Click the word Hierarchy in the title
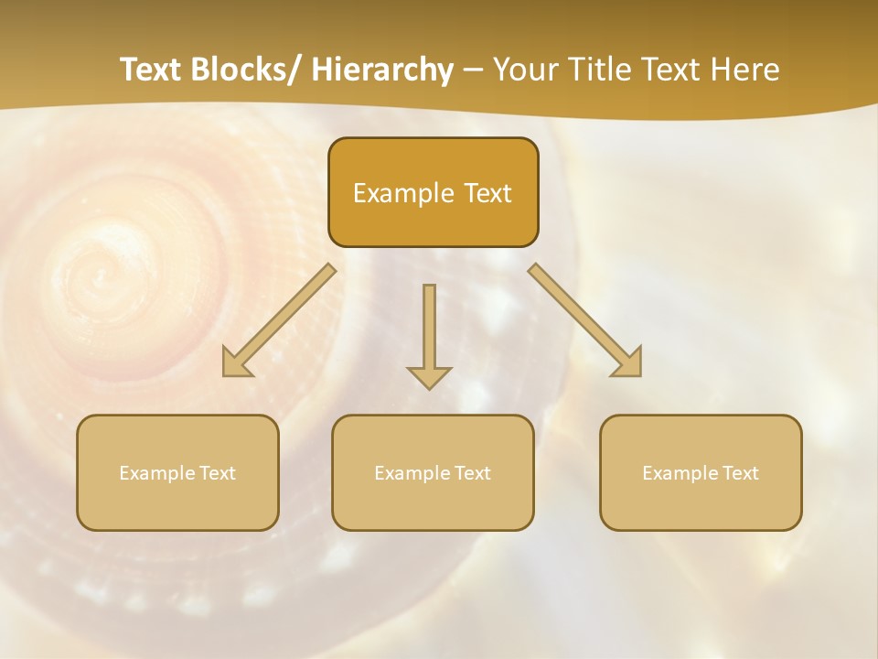(x=382, y=70)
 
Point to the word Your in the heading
(x=524, y=70)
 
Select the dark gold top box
(x=433, y=192)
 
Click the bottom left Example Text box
(x=177, y=472)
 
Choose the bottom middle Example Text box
(x=433, y=472)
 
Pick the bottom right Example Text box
(x=701, y=472)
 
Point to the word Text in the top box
(x=485, y=193)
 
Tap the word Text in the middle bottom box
(x=472, y=473)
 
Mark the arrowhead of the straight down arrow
(x=429, y=378)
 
